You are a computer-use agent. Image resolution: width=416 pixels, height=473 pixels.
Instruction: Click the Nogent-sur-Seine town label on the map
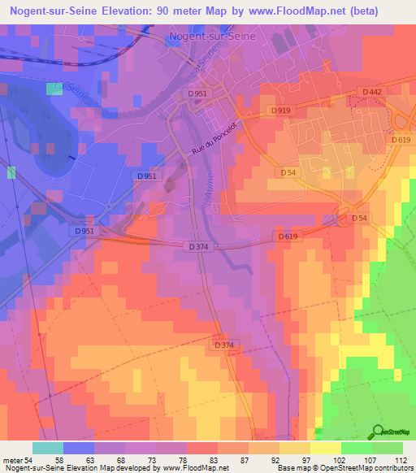click(210, 37)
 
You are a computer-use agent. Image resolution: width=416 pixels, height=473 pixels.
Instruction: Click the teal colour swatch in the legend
click(48, 448)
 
